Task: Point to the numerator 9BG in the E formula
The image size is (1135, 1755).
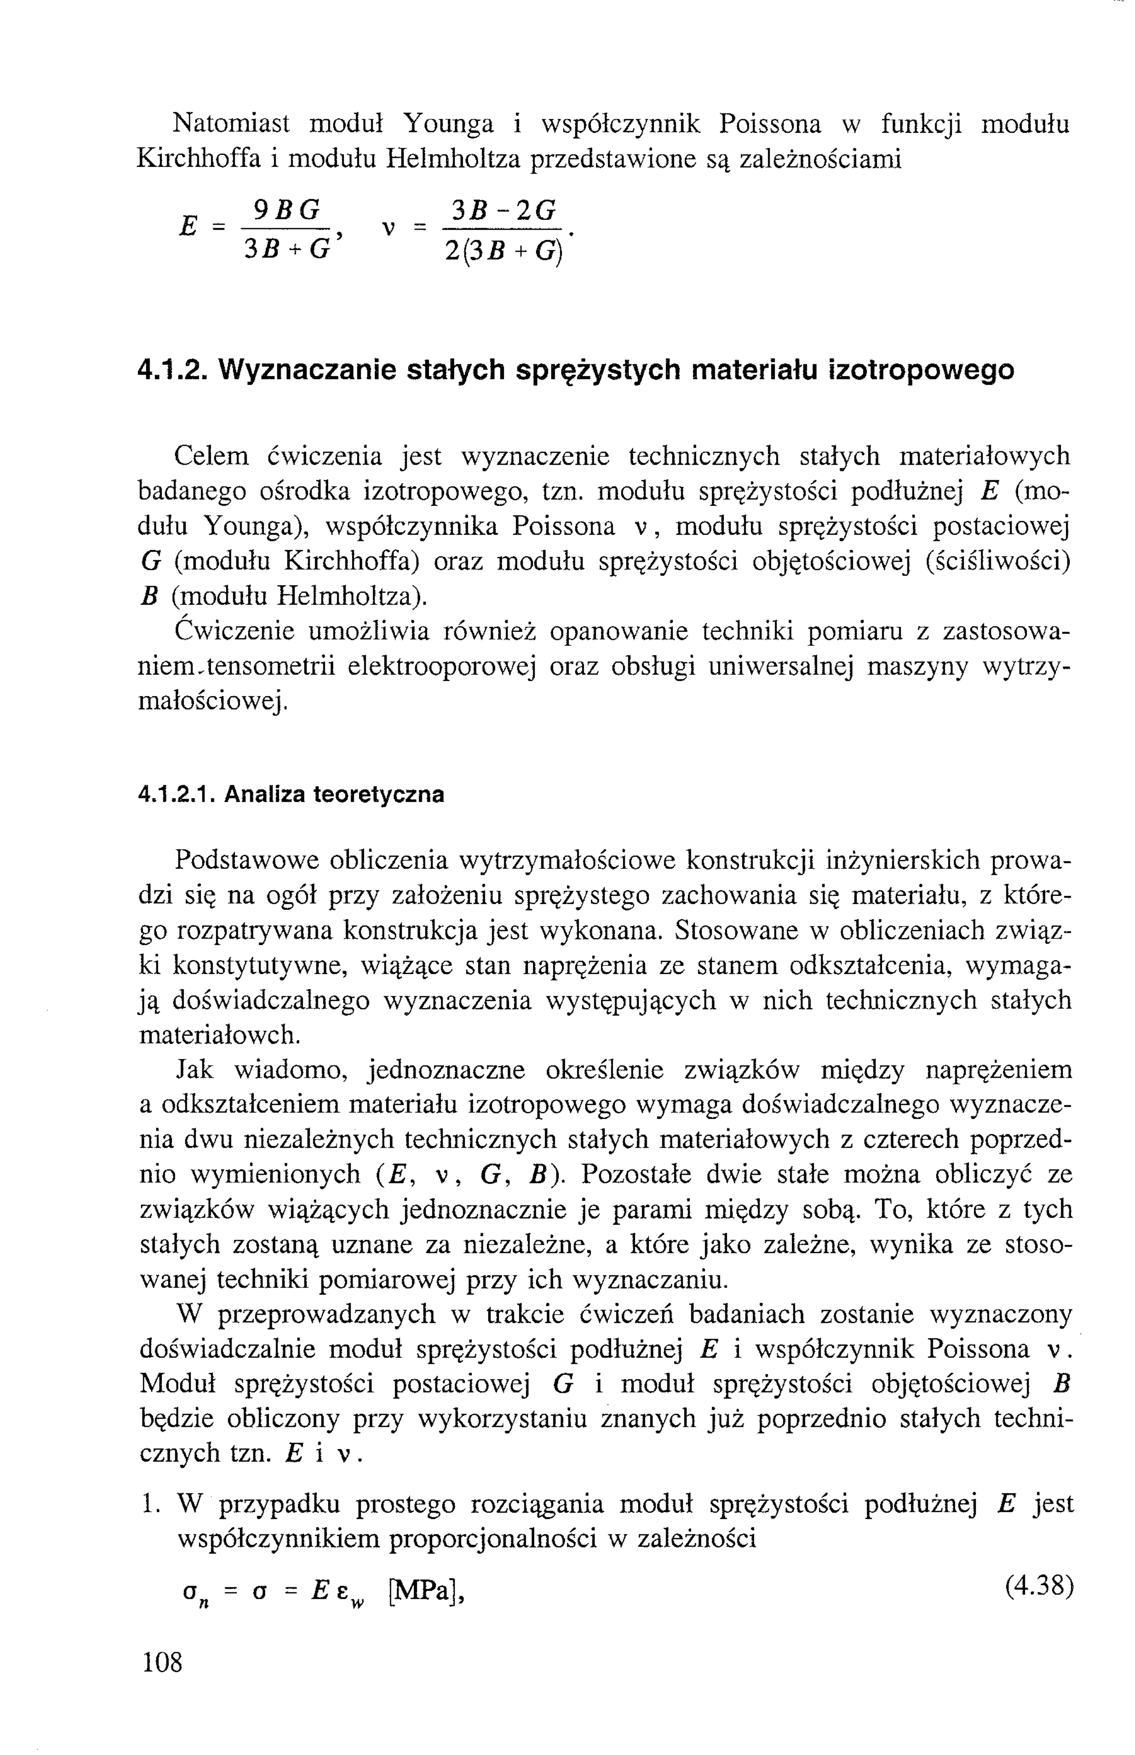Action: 288,212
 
